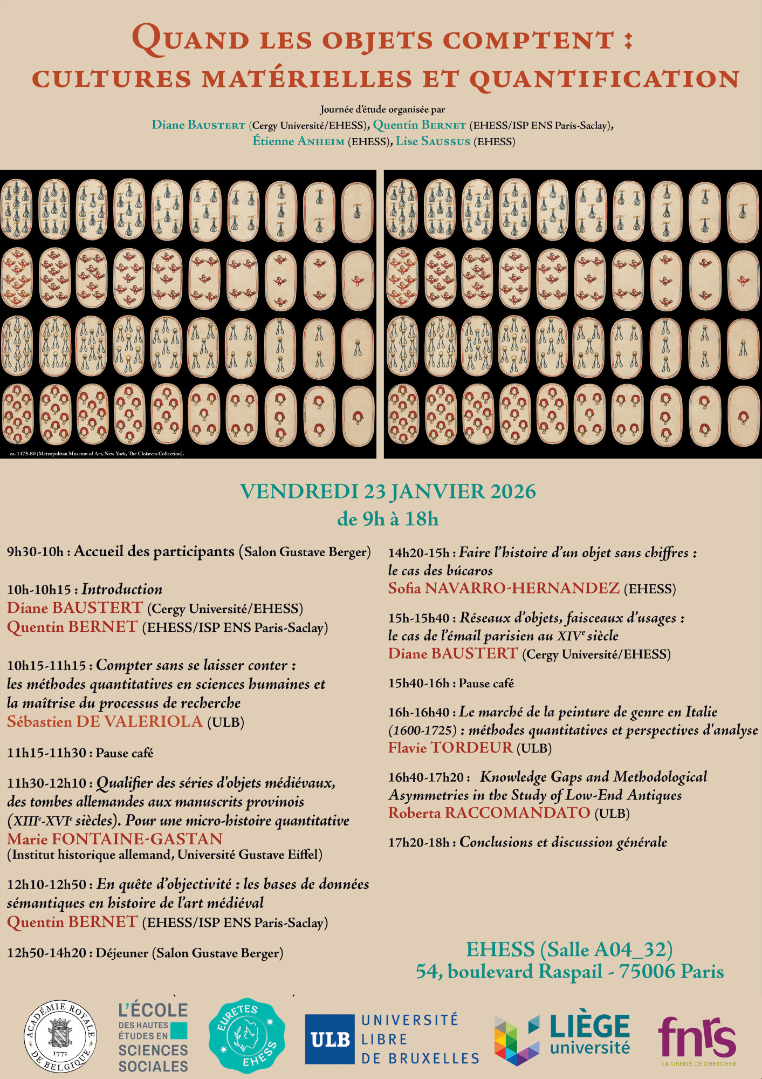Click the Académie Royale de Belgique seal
[x=60, y=1036]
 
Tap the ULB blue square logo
[x=329, y=1039]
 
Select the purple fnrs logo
[x=697, y=1039]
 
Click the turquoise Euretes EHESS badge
[x=246, y=1035]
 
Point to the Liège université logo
[x=562, y=1039]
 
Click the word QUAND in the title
[x=190, y=39]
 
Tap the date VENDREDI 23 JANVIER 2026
[x=387, y=491]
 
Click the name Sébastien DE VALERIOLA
[x=105, y=722]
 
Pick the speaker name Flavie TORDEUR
[x=450, y=748]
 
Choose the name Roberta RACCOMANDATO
[x=489, y=813]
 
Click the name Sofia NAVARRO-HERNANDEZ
[x=504, y=588]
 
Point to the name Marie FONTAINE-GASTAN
[x=115, y=839]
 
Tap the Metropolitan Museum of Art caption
[x=97, y=454]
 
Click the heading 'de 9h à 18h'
[x=387, y=519]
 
